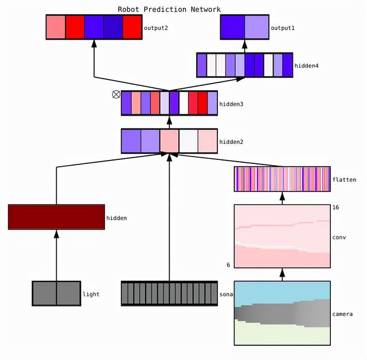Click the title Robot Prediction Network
tap(169, 9)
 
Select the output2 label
tap(155, 28)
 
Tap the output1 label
tap(282, 28)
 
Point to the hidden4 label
tap(306, 66)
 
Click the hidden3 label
tap(231, 104)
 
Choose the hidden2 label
tap(231, 141)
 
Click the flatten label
tap(344, 179)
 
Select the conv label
tap(339, 237)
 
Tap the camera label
tap(343, 314)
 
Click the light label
tap(91, 294)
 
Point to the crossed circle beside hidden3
tap(116, 95)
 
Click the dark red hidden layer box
tap(56, 217)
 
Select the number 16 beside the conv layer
tap(335, 207)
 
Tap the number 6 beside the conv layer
tap(229, 265)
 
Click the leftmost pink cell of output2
tap(56, 27)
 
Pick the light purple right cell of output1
tap(256, 27)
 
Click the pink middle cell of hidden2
tap(169, 141)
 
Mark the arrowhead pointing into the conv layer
tap(282, 273)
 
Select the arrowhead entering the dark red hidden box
tap(56, 234)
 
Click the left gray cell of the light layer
tap(44, 293)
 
